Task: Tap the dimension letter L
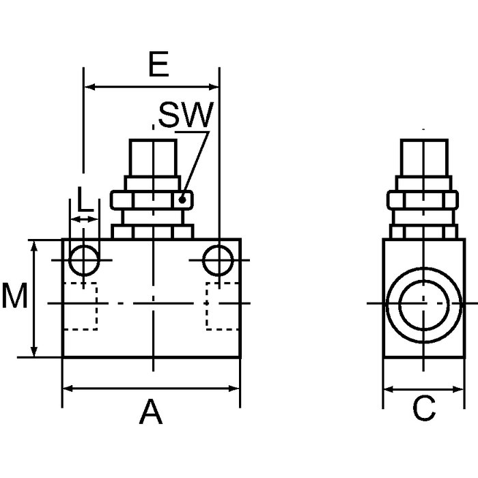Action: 84,199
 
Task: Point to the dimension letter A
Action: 151,412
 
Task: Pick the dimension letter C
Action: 424,409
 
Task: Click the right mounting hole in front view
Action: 218,260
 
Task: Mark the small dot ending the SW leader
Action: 182,199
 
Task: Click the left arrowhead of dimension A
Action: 68,389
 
